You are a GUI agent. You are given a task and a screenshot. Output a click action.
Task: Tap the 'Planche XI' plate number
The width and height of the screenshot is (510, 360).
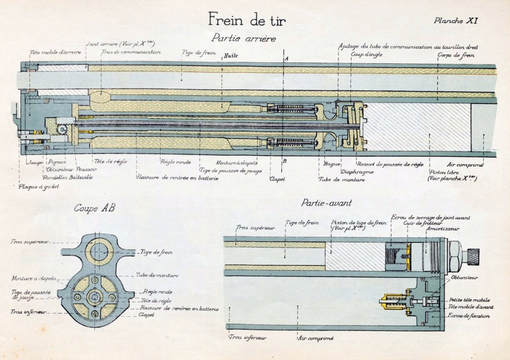456,21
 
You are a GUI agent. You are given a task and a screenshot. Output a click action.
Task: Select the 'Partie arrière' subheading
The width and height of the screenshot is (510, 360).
243,38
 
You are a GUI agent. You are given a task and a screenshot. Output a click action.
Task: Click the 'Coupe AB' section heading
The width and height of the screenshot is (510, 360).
95,208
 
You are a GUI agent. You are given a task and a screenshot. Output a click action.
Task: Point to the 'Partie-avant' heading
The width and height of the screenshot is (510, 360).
326,203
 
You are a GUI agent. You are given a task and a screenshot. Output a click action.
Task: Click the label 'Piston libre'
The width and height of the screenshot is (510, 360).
442,172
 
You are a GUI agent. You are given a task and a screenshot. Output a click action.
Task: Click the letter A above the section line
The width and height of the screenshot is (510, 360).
286,59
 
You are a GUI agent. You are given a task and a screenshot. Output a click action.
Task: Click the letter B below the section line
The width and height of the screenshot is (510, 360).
284,160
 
